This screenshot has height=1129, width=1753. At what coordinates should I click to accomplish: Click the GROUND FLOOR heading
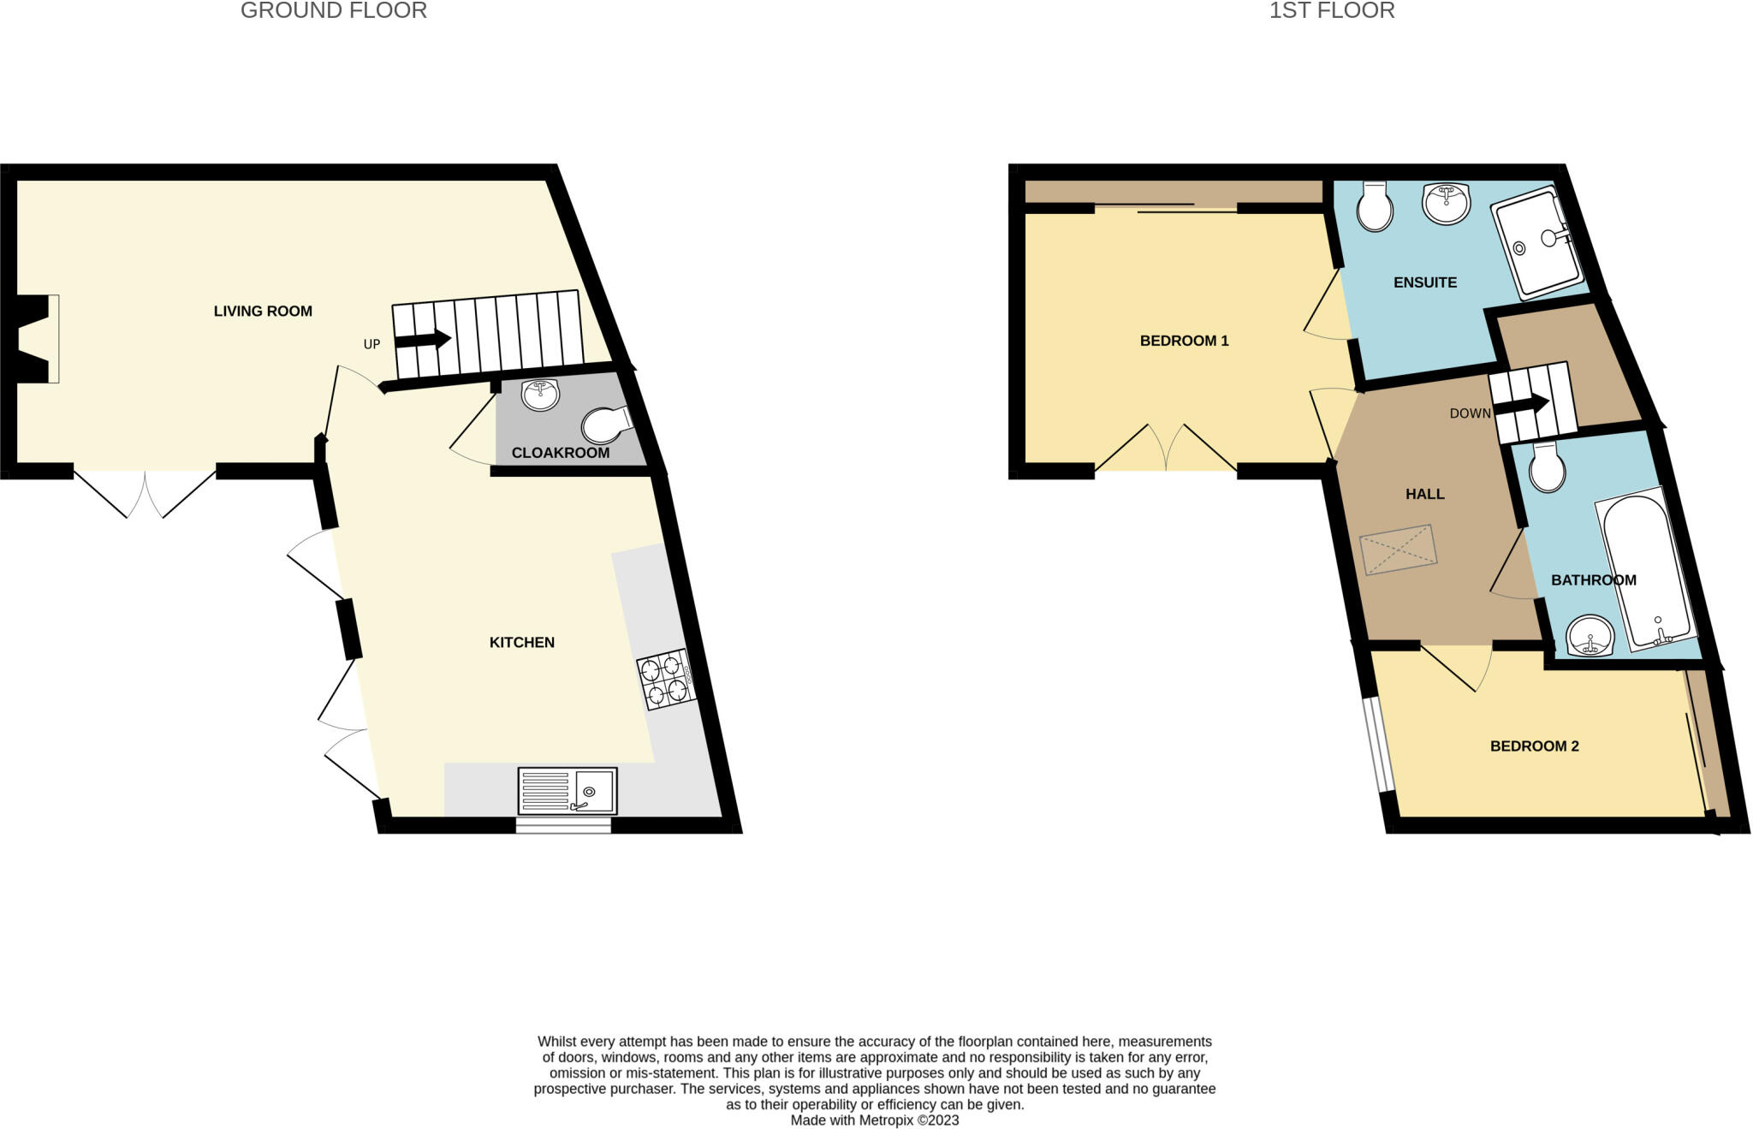[333, 11]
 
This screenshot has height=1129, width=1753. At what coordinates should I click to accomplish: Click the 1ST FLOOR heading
[1332, 11]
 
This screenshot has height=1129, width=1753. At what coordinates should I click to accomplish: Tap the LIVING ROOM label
[263, 312]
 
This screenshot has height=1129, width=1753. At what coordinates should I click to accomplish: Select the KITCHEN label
[521, 643]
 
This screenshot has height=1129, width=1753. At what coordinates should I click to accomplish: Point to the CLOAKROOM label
[560, 453]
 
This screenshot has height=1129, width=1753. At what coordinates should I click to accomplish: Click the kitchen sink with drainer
[567, 791]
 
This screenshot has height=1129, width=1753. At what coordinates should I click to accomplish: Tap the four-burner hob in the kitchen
[665, 680]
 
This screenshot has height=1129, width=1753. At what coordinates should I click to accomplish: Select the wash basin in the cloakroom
[540, 395]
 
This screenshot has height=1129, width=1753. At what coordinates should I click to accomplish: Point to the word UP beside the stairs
[371, 345]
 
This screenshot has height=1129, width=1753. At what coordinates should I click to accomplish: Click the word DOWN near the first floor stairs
[1470, 414]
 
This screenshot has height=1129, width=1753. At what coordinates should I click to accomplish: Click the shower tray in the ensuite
[1537, 242]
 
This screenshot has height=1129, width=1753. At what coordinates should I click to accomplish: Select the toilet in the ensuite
[1375, 208]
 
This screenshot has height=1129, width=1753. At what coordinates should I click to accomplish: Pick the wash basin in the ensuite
[1446, 204]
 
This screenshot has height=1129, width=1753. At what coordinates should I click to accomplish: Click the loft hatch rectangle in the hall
[1398, 550]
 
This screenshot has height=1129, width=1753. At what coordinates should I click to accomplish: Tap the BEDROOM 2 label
[1534, 746]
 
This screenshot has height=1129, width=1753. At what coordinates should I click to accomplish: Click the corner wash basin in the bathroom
[1590, 636]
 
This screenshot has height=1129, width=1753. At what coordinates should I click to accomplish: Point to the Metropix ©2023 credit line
[874, 1120]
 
